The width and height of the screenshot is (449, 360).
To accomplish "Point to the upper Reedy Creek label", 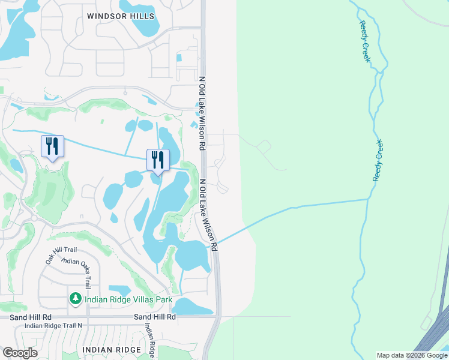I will pyautogui.click(x=365, y=41).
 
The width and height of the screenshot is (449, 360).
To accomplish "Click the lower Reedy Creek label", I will pyautogui.click(x=378, y=160).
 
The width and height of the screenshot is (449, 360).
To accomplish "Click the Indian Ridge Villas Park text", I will pyautogui.click(x=128, y=299).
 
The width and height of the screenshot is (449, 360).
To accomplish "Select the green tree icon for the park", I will pyautogui.click(x=75, y=299).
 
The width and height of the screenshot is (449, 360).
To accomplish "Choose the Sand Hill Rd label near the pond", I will pyautogui.click(x=155, y=316).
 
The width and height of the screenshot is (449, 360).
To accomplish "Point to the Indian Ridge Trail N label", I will pyautogui.click(x=58, y=326).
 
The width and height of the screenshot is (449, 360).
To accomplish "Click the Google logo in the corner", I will pyautogui.click(x=19, y=353).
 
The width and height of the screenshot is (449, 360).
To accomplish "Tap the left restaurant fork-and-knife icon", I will pyautogui.click(x=52, y=146).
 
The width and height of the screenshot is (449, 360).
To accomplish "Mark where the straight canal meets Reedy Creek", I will pyautogui.click(x=367, y=199).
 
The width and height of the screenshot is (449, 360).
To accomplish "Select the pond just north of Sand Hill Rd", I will pyautogui.click(x=191, y=307).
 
